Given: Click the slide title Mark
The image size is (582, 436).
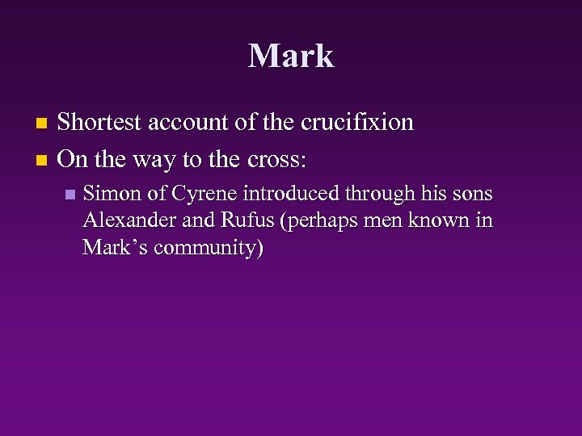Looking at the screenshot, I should [291, 56].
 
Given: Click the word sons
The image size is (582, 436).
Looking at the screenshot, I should [473, 194].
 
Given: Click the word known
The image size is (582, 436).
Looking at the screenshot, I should [436, 220].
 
